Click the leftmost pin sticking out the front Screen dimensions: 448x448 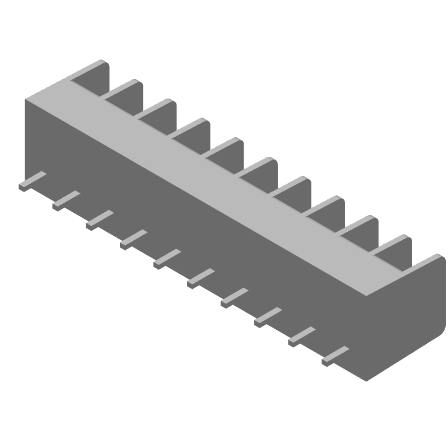click(x=32, y=181)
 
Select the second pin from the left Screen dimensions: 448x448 click(x=66, y=200)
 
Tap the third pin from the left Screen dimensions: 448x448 click(x=99, y=220)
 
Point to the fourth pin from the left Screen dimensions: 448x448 click(x=133, y=239)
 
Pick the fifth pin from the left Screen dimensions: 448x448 click(x=167, y=258)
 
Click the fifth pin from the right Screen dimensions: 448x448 click(x=200, y=278)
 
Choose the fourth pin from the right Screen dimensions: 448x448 click(x=234, y=297)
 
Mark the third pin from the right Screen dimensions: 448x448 click(x=268, y=316)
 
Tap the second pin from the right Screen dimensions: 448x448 click(x=301, y=335)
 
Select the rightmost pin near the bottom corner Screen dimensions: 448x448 click(x=335, y=355)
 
